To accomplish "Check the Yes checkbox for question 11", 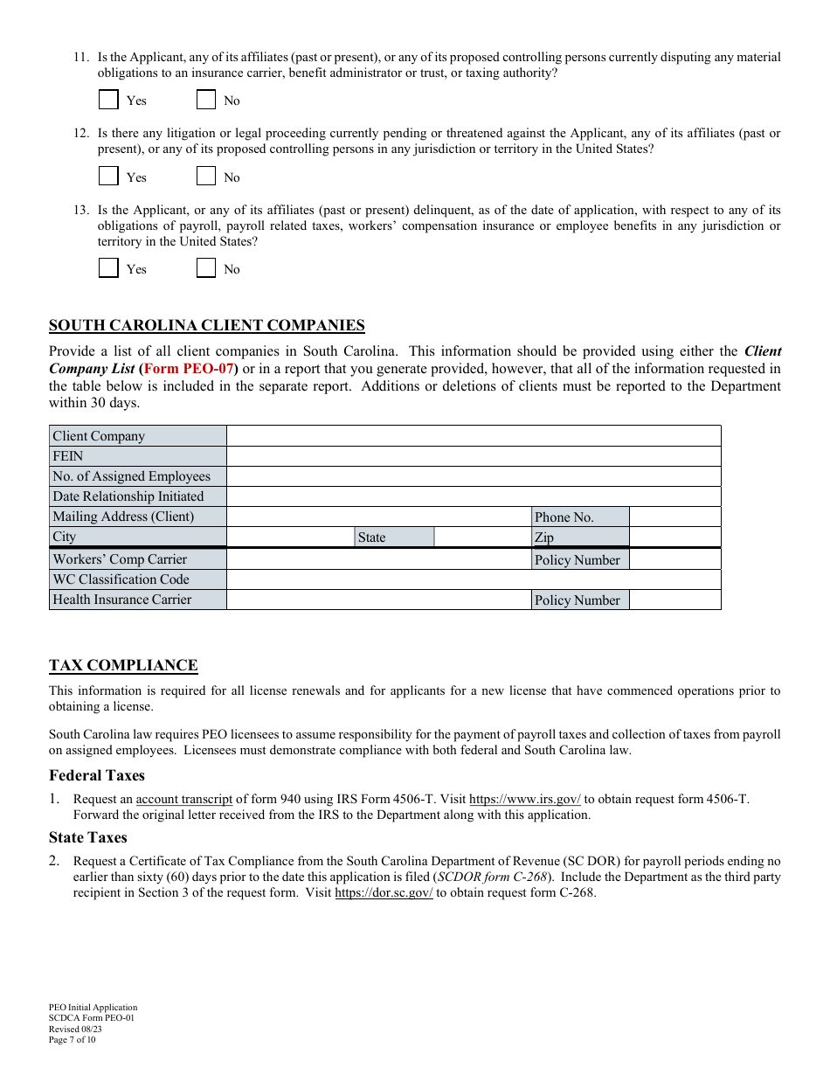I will pyautogui.click(x=108, y=100).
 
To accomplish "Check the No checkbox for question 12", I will pyautogui.click(x=206, y=177).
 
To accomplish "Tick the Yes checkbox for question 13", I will pyautogui.click(x=108, y=268).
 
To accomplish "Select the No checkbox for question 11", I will pyautogui.click(x=206, y=100).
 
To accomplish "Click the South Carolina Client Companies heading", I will pyautogui.click(x=206, y=326).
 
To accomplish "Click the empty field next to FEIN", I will pyautogui.click(x=473, y=456).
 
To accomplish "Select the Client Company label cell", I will pyautogui.click(x=137, y=436).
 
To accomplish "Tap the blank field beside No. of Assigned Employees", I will pyautogui.click(x=473, y=476).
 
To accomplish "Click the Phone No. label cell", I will pyautogui.click(x=580, y=517).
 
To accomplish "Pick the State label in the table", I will pyautogui.click(x=394, y=537).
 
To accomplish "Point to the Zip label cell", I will pyautogui.click(x=580, y=537).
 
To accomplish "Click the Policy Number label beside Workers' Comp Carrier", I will pyautogui.click(x=580, y=560).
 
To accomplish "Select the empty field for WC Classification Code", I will pyautogui.click(x=473, y=579).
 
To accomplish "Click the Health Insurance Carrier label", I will pyautogui.click(x=137, y=600).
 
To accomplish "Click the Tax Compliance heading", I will pyautogui.click(x=123, y=666).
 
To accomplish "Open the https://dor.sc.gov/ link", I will pyautogui.click(x=384, y=893).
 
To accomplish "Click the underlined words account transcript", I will pyautogui.click(x=184, y=799).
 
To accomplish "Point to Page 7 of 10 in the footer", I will pyautogui.click(x=73, y=1040).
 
